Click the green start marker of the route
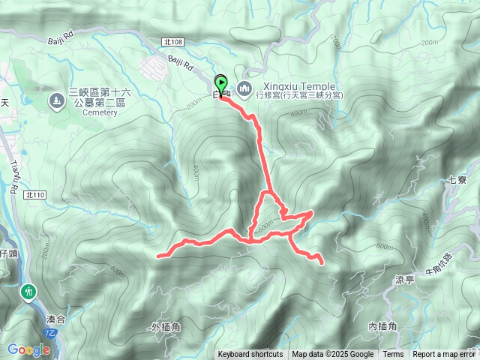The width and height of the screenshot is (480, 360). [221, 83]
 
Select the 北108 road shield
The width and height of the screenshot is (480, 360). [171, 44]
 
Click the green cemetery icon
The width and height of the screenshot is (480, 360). [56, 100]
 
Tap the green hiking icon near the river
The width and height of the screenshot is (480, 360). [29, 290]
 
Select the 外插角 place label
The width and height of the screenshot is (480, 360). [165, 327]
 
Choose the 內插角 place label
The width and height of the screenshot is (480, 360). [382, 326]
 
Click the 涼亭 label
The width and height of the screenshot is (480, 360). [404, 280]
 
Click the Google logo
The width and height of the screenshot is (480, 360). [28, 349]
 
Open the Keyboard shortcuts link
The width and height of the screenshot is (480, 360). [250, 355]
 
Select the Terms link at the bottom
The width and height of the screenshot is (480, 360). [393, 355]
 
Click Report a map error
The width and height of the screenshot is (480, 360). [444, 355]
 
